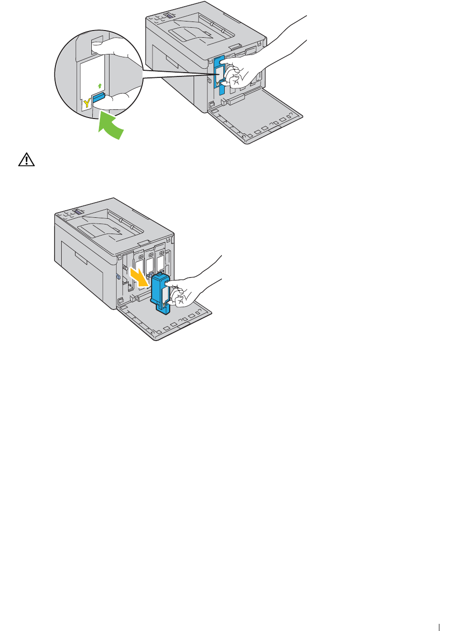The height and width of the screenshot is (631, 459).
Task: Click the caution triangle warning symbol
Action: click(x=26, y=160)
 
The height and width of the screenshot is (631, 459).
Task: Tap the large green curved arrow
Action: click(x=111, y=126)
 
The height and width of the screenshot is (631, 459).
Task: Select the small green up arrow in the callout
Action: click(x=99, y=86)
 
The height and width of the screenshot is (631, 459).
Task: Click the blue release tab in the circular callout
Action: click(x=99, y=97)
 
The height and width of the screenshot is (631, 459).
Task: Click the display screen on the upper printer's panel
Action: click(x=168, y=16)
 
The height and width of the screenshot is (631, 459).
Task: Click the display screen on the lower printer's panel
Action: click(x=78, y=211)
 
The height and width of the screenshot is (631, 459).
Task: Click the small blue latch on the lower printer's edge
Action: click(x=118, y=277)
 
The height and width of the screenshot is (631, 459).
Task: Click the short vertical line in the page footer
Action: click(x=438, y=628)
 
